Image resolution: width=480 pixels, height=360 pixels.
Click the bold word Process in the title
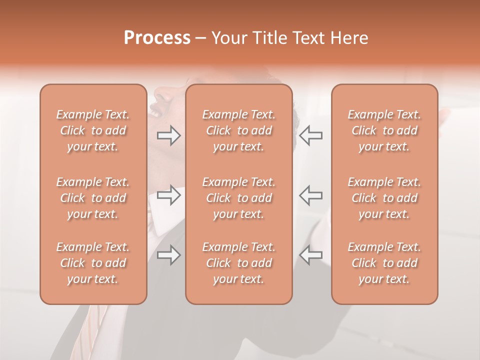coord(157,38)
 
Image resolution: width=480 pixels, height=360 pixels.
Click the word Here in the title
coord(348,38)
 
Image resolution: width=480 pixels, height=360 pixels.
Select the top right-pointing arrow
coord(168,135)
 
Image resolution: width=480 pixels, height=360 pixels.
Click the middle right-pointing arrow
coord(168,195)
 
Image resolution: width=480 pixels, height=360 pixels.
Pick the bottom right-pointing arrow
coord(168,255)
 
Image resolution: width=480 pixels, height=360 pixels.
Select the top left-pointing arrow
coord(310,135)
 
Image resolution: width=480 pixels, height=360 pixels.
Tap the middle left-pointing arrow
coord(310,195)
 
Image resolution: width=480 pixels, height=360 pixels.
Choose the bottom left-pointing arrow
coord(310,255)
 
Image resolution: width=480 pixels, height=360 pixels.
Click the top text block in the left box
coord(93,130)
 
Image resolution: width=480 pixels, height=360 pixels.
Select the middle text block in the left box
coord(93,198)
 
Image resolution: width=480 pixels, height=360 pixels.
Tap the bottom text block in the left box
coord(93,263)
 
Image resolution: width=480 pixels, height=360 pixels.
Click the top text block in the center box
coord(238,130)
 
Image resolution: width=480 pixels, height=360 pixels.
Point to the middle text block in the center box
coord(238,198)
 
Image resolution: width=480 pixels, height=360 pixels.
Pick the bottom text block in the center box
coord(238,263)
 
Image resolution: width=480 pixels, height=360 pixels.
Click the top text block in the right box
coord(384,130)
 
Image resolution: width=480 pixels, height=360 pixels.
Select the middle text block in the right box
coord(384,198)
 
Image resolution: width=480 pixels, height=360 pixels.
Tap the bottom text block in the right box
coord(384,263)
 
